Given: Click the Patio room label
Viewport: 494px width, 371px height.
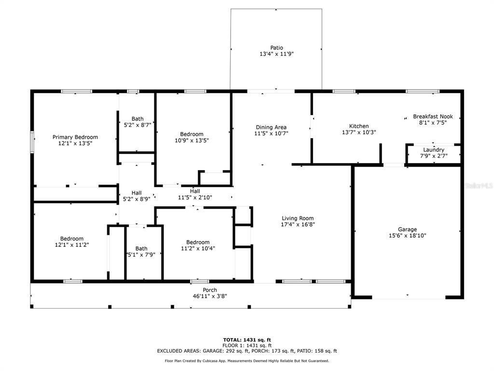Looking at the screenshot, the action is (x=276, y=48).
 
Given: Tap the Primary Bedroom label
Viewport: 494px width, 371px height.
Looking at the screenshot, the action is (x=75, y=137).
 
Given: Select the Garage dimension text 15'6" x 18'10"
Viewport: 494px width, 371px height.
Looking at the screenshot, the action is (x=407, y=236).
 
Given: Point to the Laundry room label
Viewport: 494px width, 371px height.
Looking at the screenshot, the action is (x=434, y=150).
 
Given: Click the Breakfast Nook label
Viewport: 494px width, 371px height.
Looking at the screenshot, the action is (x=433, y=116).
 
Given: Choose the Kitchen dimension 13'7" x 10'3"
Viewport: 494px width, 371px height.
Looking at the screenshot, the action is (x=359, y=132).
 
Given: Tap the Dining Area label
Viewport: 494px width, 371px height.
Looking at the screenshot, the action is (x=271, y=127).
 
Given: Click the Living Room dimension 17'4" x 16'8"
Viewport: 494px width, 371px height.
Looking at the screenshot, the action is (x=298, y=225).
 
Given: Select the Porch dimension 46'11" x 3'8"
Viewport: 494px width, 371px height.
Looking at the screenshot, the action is (x=210, y=296).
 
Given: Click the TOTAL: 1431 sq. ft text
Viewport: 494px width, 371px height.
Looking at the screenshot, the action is (x=247, y=340).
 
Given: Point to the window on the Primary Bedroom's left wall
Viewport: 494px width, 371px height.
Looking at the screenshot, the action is (x=32, y=143).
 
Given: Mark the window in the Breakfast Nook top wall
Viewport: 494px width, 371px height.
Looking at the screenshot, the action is (x=422, y=91).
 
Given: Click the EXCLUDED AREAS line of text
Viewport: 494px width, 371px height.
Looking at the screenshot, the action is (x=247, y=351).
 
